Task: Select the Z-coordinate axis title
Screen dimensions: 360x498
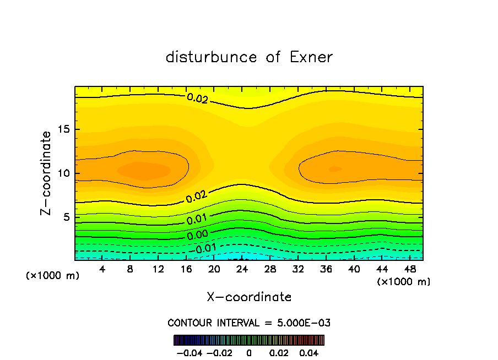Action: (x=46, y=173)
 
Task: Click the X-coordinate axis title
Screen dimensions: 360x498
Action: (x=249, y=297)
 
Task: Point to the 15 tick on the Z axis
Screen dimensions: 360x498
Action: (x=65, y=130)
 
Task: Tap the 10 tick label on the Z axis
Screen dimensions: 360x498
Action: (x=65, y=173)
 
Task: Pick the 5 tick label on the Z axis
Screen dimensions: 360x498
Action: (x=68, y=217)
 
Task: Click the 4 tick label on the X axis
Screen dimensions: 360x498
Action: (x=102, y=270)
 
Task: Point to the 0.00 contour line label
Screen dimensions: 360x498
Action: (x=197, y=236)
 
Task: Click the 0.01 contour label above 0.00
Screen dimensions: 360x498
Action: (x=197, y=220)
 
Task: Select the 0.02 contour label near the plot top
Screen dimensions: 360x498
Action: (x=197, y=98)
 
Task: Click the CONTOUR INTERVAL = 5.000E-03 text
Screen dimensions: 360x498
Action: (x=249, y=323)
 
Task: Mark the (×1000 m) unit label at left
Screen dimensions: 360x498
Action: (x=52, y=275)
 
